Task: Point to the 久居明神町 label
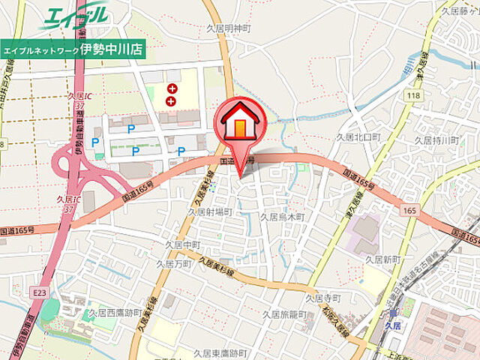coord(228,28)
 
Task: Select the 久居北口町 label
coord(358,138)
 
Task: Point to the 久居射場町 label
coord(209,212)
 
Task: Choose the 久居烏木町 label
coord(281,217)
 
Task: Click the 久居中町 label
coord(183,244)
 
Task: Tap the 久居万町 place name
coord(174,264)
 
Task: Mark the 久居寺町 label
coord(323,298)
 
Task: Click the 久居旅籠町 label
coord(289,315)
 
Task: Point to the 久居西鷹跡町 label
coord(115,312)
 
